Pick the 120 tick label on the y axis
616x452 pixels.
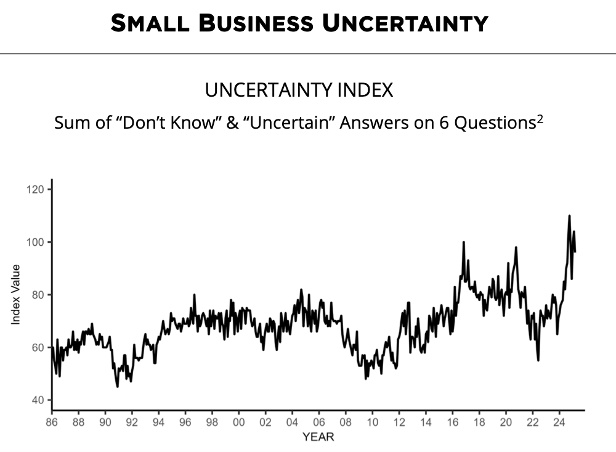(36, 189)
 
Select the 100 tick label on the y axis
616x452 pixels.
(36, 242)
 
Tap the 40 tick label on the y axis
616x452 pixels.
(38, 400)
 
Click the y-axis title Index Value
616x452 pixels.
(16, 294)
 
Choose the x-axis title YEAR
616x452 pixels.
(318, 437)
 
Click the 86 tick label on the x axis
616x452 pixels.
(52, 422)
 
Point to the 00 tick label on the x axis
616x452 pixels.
(238, 422)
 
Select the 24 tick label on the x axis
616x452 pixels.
(559, 422)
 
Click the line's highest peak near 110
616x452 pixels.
(569, 216)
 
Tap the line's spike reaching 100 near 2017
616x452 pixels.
(463, 242)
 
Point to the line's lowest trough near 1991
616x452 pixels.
(117, 387)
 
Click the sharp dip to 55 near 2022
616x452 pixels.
(538, 360)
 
